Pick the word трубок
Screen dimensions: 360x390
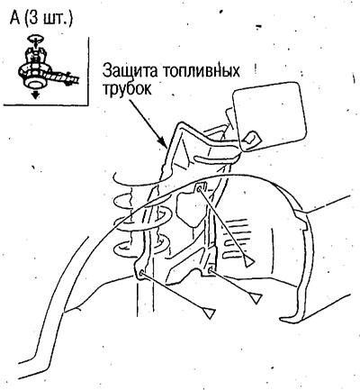(127, 89)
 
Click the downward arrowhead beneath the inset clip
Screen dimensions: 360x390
(36, 95)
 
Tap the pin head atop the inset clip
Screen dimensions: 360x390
(35, 38)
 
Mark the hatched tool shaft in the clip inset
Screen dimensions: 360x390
(67, 77)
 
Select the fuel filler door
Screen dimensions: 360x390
(269, 117)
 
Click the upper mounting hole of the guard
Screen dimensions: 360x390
(200, 188)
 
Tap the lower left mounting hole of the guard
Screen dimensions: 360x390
(142, 274)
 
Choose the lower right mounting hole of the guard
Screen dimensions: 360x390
(211, 271)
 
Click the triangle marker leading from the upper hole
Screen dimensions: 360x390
(249, 262)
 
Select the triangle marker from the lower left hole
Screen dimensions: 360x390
(209, 313)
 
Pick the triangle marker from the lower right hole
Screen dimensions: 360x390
(256, 298)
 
